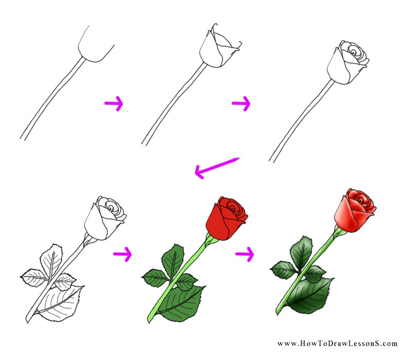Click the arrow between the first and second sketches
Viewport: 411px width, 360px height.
114,104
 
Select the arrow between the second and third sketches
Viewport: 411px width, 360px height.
240,104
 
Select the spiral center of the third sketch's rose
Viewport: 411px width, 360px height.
354,52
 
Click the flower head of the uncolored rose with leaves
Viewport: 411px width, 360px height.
107,219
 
